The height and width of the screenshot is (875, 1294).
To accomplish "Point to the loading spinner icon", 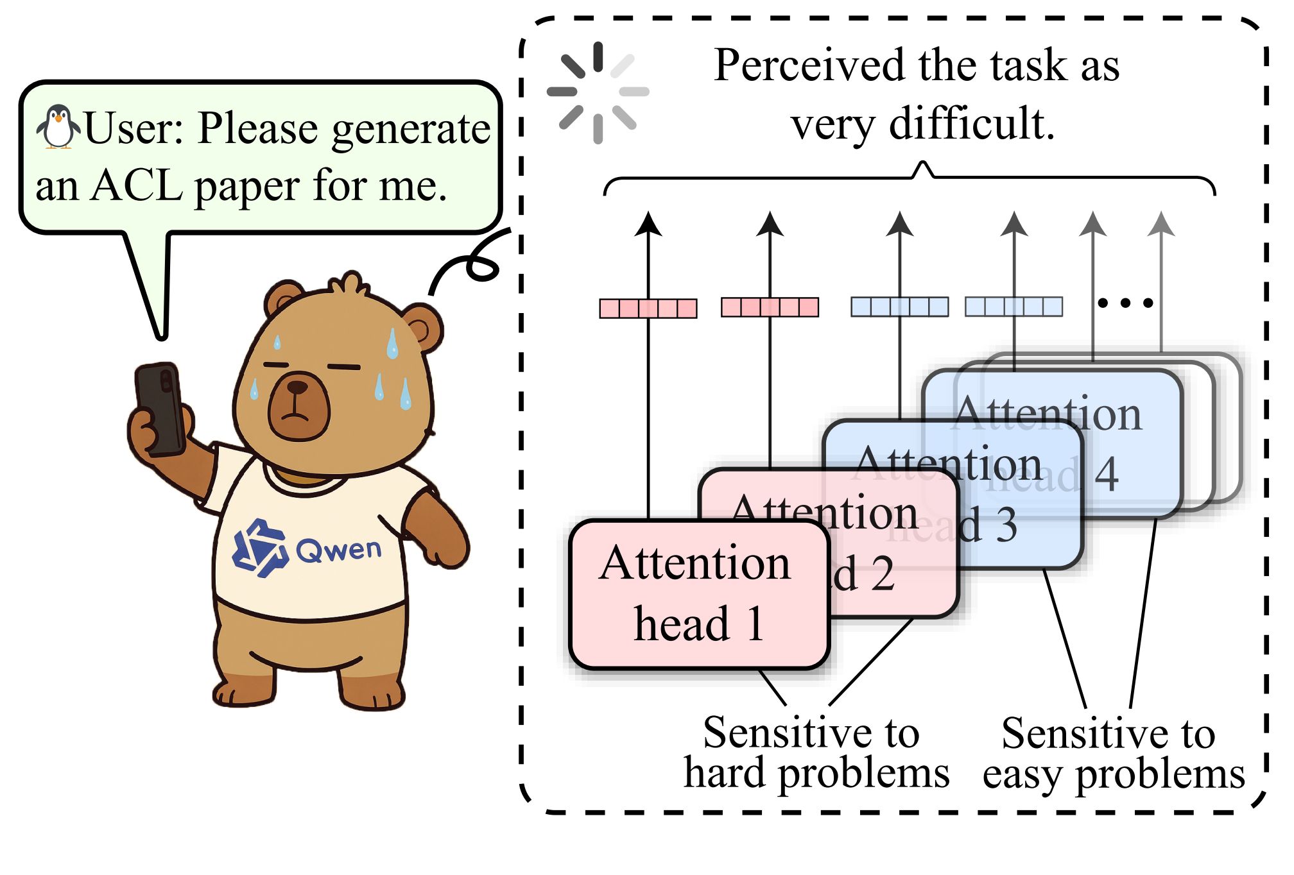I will (x=598, y=92).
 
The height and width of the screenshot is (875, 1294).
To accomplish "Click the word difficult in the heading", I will (x=972, y=124).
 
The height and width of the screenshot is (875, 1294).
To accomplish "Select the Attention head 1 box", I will (x=698, y=594).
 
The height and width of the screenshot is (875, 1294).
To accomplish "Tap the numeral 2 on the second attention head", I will (x=883, y=574).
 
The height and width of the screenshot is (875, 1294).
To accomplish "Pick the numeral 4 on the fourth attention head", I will (x=1107, y=475).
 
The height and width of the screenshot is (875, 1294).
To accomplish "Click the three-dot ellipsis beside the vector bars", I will (x=1125, y=302).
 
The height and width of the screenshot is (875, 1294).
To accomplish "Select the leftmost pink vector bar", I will (x=648, y=309).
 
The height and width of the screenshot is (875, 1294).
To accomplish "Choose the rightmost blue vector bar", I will (x=1014, y=307).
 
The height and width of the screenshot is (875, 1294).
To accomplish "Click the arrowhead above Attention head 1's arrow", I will (x=648, y=224).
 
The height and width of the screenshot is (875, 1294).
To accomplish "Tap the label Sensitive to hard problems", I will (x=815, y=752).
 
